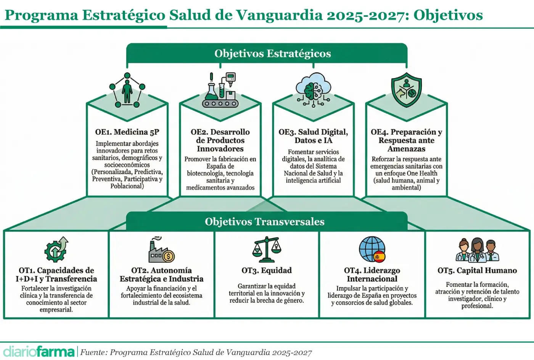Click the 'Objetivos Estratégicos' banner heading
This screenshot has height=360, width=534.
pos(272,53)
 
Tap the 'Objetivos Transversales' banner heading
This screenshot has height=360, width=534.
pos(264,222)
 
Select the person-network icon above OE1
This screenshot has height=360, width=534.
pos(127,90)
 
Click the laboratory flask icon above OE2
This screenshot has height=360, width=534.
pos(220,90)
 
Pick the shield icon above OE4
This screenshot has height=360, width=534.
pos(406,90)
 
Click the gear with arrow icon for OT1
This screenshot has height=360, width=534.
pos(56,249)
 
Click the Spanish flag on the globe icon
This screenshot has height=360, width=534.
pos(379,257)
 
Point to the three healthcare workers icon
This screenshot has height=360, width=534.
pos(477,250)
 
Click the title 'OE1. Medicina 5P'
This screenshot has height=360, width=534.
pos(127,132)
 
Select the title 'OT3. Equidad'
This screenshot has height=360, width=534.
pos(266,270)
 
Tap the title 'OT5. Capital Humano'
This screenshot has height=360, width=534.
pos(477,270)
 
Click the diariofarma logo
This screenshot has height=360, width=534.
pos(39,352)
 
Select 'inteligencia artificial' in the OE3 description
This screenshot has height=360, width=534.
pos(313,181)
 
